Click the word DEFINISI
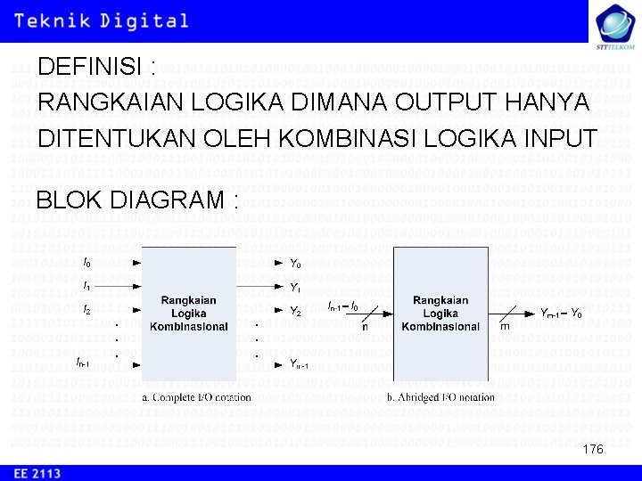tap(91, 68)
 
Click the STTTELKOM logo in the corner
tap(614, 24)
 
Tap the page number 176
tap(593, 449)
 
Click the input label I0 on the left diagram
tap(86, 263)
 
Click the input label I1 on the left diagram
tap(86, 286)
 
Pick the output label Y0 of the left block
tap(295, 264)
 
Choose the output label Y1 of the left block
tap(295, 288)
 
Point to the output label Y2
tap(295, 311)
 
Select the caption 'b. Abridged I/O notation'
tap(440, 397)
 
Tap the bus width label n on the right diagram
tap(365, 327)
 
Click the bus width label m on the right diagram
tap(505, 327)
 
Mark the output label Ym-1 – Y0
tap(562, 314)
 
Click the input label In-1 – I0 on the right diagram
tap(342, 306)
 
